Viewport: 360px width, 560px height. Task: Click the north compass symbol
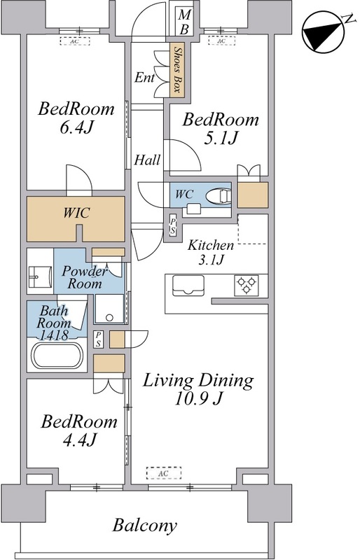click(323, 34)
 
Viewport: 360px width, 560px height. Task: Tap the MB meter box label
click(184, 22)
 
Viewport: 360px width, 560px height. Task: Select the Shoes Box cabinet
click(176, 70)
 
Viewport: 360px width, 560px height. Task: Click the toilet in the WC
click(219, 197)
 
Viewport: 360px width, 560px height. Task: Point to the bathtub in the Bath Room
click(57, 356)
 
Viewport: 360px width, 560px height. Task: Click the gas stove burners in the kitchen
click(247, 285)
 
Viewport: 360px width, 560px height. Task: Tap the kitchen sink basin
click(188, 286)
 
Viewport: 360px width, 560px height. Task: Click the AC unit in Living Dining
click(164, 473)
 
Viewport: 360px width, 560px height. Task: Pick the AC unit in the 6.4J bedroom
click(74, 41)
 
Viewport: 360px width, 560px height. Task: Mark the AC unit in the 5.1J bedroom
click(222, 41)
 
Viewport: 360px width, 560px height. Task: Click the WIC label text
click(76, 213)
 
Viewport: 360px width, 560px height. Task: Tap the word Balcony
click(145, 526)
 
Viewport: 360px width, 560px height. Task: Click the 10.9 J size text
click(199, 398)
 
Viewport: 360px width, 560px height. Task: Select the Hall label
click(147, 160)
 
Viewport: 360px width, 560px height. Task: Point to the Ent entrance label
click(144, 78)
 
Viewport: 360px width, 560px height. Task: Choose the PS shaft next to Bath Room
click(98, 339)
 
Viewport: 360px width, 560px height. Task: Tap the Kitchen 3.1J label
click(211, 252)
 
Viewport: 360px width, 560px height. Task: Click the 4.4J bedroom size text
click(79, 440)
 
